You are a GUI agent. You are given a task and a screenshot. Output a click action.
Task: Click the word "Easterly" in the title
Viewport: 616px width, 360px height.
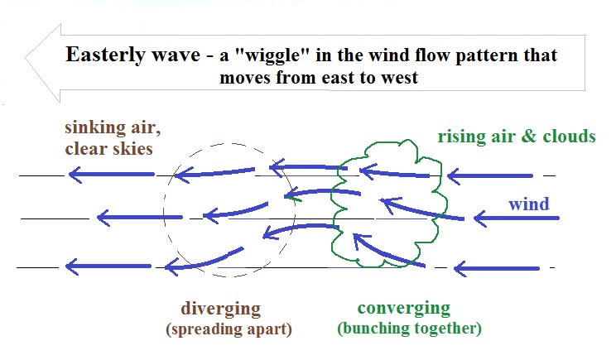pyautogui.click(x=105, y=55)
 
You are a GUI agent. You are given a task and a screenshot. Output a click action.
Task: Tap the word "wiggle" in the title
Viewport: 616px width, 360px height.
pyautogui.click(x=273, y=55)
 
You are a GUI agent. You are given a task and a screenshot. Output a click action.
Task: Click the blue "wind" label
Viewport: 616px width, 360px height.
pyautogui.click(x=529, y=204)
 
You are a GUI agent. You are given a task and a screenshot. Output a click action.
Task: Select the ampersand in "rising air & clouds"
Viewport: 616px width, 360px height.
pyautogui.click(x=529, y=137)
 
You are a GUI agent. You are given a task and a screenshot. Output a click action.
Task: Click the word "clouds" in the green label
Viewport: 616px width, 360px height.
pyautogui.click(x=570, y=136)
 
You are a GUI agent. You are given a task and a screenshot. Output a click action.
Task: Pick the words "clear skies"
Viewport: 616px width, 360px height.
pyautogui.click(x=108, y=149)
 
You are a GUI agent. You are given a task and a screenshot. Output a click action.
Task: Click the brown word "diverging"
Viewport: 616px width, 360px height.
pyautogui.click(x=221, y=310)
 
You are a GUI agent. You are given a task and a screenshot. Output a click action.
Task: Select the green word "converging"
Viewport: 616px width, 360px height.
pyautogui.click(x=404, y=309)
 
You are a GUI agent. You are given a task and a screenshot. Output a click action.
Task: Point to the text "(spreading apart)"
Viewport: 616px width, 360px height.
pyautogui.click(x=229, y=329)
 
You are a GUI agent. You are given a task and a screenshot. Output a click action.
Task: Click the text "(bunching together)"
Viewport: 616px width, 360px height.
pyautogui.click(x=409, y=329)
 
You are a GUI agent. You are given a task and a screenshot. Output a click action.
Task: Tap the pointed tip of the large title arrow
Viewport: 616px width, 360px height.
pyautogui.click(x=25, y=59)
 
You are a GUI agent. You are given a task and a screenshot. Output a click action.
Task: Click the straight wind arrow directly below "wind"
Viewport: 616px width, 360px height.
pyautogui.click(x=516, y=218)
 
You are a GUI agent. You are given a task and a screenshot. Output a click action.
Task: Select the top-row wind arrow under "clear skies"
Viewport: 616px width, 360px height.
pyautogui.click(x=112, y=175)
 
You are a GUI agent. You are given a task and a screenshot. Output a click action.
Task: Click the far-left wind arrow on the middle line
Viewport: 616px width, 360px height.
pyautogui.click(x=140, y=217)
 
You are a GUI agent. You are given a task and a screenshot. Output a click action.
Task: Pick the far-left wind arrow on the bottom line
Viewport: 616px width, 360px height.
pyautogui.click(x=108, y=266)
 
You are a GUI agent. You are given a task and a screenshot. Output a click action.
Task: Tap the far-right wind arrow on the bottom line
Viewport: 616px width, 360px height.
pyautogui.click(x=497, y=268)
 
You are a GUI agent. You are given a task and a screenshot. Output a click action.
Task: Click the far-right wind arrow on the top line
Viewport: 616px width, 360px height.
pyautogui.click(x=490, y=176)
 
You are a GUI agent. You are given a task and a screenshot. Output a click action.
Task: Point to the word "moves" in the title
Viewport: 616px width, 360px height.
pyautogui.click(x=245, y=78)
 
